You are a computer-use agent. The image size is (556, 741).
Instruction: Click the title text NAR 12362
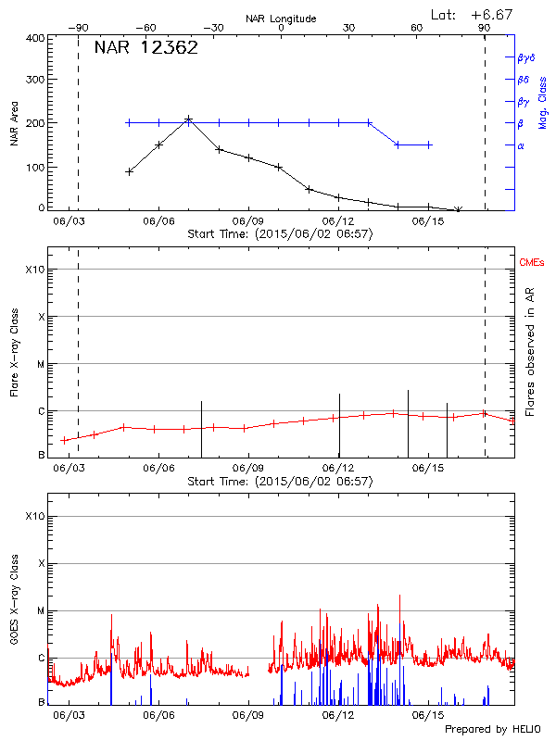pos(145,49)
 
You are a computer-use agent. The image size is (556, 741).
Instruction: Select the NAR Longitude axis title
pos(281,18)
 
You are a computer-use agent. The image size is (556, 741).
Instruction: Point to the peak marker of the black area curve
pos(188,119)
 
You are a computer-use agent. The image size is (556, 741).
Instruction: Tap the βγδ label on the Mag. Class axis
pos(525,57)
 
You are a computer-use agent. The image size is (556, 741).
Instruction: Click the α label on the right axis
pos(521,145)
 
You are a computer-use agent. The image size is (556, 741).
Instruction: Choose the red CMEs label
pos(533,264)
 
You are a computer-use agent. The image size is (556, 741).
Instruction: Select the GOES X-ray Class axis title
pos(16,603)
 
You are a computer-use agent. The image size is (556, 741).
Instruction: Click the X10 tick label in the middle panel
pos(35,270)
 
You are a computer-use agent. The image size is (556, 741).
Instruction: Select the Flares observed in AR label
pos(530,362)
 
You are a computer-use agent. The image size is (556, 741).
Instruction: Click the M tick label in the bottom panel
pos(42,610)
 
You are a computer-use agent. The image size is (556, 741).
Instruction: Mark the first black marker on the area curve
pos(129,171)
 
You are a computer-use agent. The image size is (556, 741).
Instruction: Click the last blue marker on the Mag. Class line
pos(428,144)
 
